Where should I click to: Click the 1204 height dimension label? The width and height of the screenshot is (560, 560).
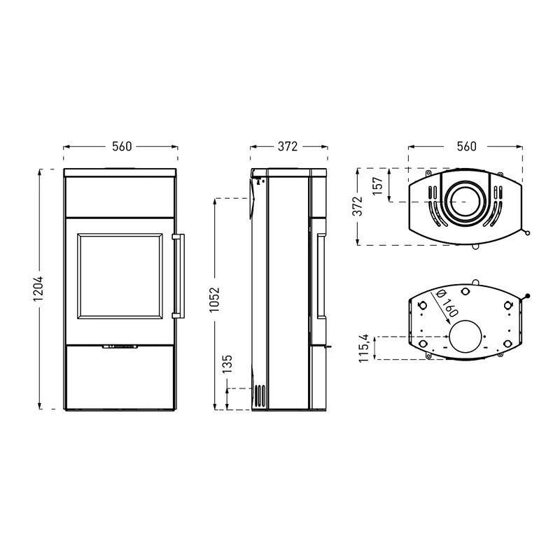point(38,288)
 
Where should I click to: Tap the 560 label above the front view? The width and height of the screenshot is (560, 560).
point(122,146)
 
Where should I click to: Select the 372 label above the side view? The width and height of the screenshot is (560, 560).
point(288,146)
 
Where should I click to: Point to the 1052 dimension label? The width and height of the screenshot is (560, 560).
point(214,300)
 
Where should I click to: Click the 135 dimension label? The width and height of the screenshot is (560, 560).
point(227,364)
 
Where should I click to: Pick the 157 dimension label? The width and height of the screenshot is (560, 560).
point(377,185)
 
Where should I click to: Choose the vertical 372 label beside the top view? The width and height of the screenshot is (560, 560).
point(358,206)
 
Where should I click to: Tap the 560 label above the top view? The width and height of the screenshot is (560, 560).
point(466,146)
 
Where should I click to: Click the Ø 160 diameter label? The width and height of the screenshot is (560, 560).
point(447,304)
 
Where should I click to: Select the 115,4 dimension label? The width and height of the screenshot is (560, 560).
point(364,348)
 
